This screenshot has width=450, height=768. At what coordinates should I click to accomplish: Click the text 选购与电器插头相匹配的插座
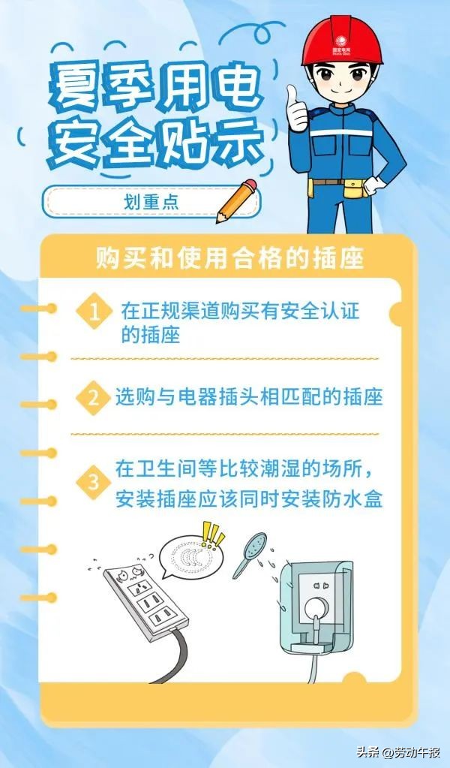[x=249, y=396]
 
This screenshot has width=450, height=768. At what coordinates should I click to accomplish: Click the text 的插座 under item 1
[x=151, y=334]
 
